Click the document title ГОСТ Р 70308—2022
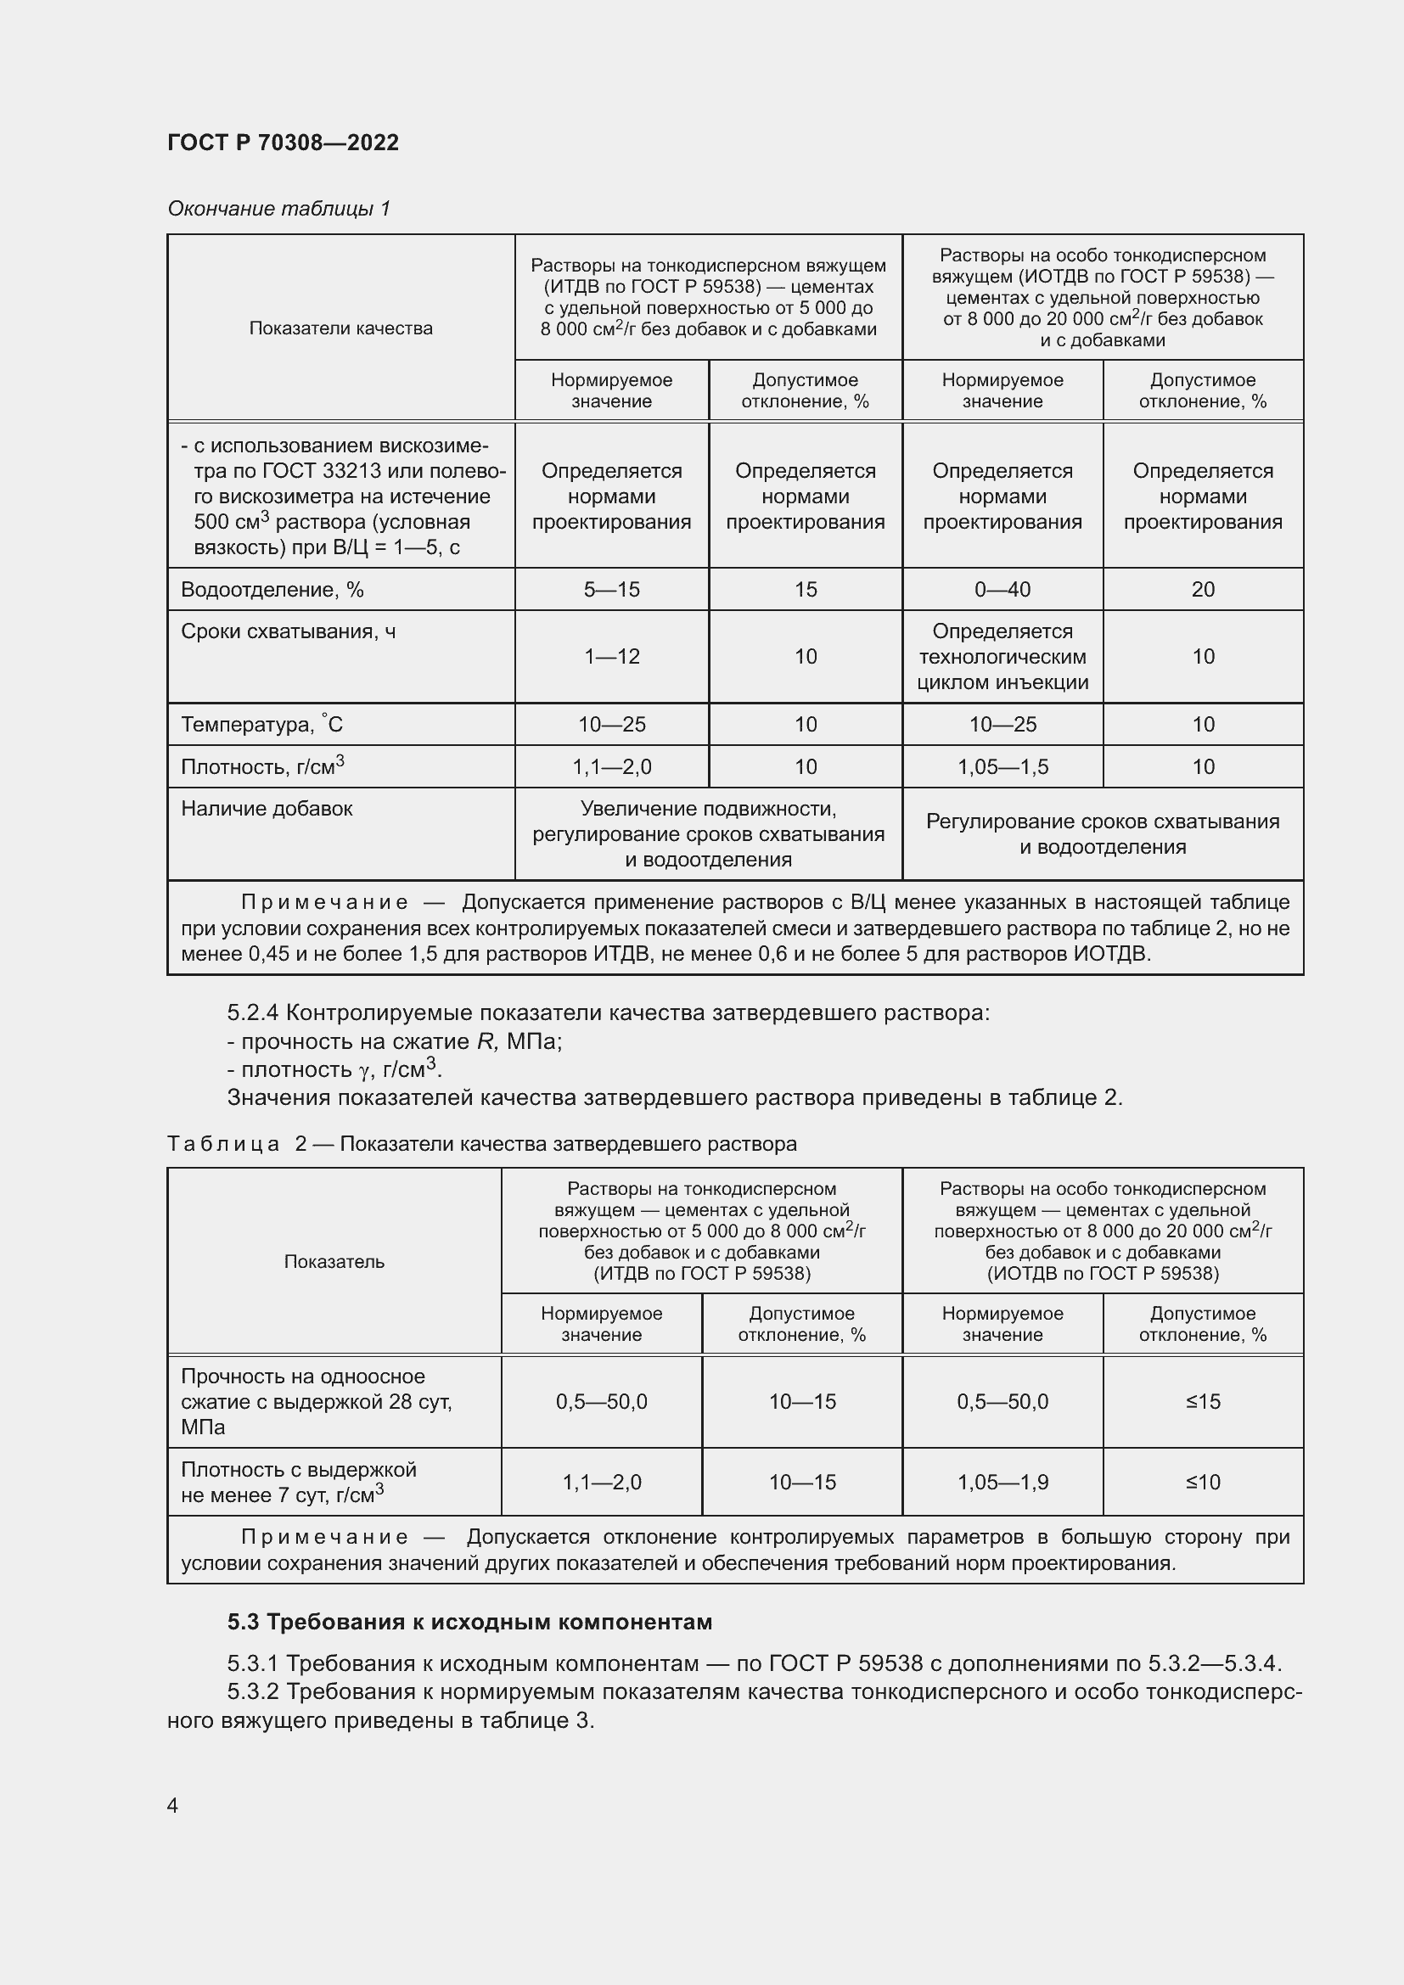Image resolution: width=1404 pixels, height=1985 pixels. [283, 143]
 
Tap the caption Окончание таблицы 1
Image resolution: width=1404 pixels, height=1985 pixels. [278, 209]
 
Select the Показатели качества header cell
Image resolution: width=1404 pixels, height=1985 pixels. [340, 328]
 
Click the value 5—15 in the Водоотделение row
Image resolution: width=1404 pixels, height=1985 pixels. [611, 590]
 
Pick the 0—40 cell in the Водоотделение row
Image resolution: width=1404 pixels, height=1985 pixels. [1002, 590]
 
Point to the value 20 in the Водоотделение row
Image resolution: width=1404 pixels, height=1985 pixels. [1203, 590]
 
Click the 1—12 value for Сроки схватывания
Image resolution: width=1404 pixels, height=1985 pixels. [611, 657]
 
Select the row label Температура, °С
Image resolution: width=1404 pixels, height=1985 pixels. [261, 725]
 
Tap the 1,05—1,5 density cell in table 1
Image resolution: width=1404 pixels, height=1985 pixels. [1002, 767]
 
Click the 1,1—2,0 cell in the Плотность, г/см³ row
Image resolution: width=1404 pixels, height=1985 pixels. [611, 767]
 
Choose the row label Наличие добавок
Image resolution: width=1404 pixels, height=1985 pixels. [267, 810]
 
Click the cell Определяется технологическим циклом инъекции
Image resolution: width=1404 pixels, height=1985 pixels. [1002, 657]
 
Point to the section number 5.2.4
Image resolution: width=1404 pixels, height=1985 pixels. [252, 1012]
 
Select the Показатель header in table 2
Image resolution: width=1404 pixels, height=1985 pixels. [334, 1261]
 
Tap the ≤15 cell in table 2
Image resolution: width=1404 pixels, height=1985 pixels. [1203, 1401]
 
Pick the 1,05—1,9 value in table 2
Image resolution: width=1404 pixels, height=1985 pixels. [1002, 1483]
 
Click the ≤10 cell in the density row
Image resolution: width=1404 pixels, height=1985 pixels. [1203, 1483]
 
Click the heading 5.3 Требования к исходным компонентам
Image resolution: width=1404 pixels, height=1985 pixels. [469, 1622]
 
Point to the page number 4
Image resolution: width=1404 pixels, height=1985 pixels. [172, 1805]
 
